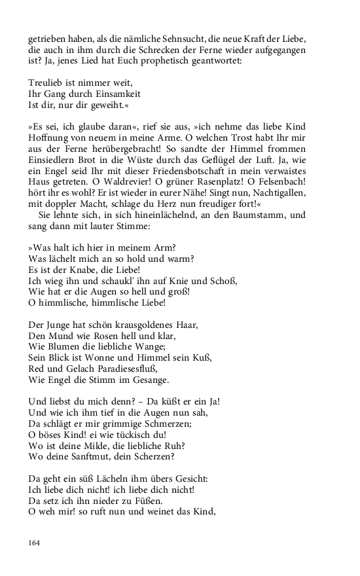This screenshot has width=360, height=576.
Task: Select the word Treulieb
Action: pyautogui.click(x=46, y=83)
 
